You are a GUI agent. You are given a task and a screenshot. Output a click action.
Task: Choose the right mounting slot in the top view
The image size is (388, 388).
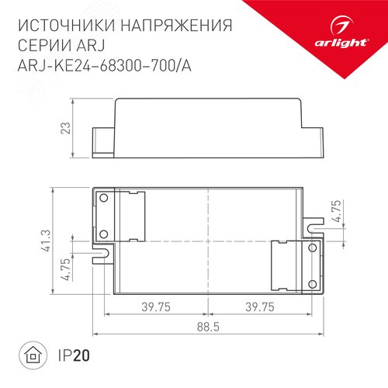pos(313,228)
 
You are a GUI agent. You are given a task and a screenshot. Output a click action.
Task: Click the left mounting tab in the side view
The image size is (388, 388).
pos(100,139)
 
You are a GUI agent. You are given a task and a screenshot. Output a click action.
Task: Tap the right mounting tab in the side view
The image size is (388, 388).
pos(314,139)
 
